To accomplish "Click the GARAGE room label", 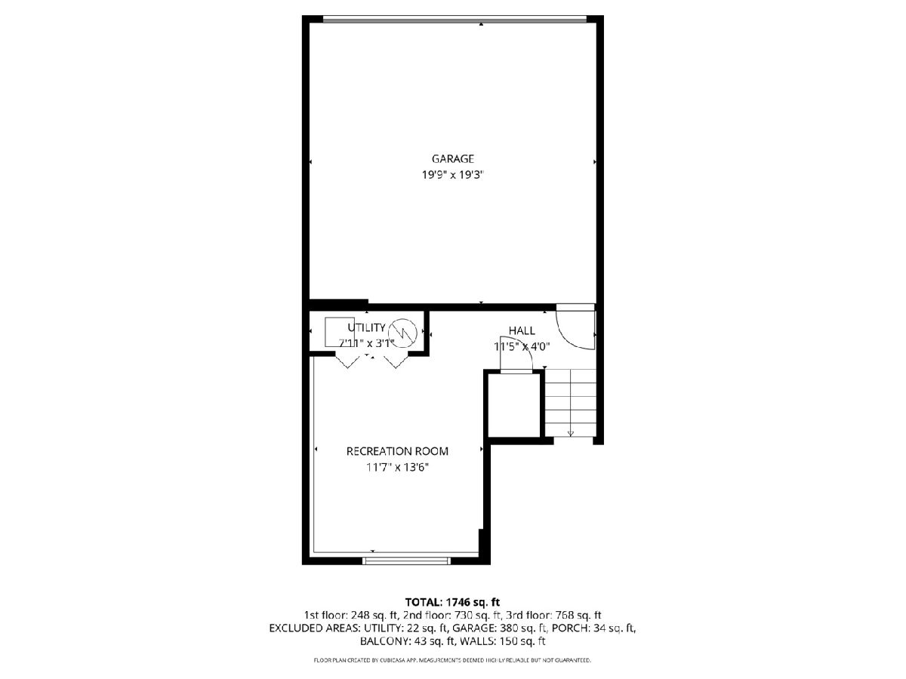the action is (452, 158).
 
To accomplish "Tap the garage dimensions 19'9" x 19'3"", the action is (452, 175).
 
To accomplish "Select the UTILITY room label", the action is (366, 327).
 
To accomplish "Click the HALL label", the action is (522, 330).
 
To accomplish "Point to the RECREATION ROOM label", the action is (397, 451).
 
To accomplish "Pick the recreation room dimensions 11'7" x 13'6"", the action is (397, 467).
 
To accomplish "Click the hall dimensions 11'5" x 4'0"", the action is (522, 346).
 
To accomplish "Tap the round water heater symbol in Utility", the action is (402, 332).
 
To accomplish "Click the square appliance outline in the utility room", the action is (339, 332).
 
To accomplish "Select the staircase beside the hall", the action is (570, 403).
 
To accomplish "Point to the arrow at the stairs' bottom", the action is (571, 433).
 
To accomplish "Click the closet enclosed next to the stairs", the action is (514, 405).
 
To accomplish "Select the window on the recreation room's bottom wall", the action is (406, 561).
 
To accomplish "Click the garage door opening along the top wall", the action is (454, 19).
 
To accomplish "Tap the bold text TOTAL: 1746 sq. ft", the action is (452, 602).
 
